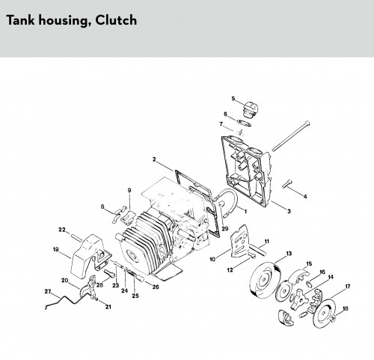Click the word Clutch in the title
pos(116,20)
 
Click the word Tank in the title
pos(20,20)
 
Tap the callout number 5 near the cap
pos(233,98)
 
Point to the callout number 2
pos(154,159)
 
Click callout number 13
pos(289,254)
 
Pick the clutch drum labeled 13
pos(265,280)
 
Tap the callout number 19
pos(56,249)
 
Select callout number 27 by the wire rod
pos(48,291)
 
